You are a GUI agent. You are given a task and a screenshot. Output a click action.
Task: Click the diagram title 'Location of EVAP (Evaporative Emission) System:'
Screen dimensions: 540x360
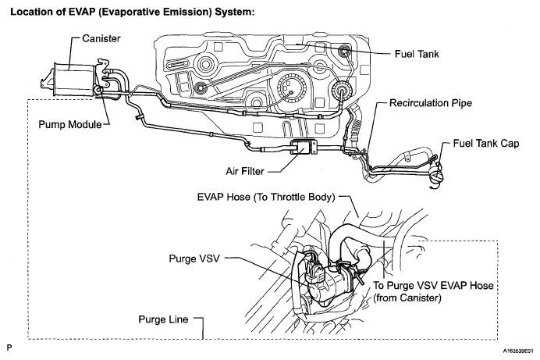tap(132, 12)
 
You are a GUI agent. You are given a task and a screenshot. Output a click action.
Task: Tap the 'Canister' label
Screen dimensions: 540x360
tap(101, 38)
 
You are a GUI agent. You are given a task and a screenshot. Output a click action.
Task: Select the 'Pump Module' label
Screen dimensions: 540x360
tap(70, 124)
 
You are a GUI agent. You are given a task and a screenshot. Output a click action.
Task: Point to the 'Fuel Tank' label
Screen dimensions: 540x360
tap(417, 54)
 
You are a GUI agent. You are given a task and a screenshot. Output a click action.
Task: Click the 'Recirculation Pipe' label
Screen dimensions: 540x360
tap(431, 103)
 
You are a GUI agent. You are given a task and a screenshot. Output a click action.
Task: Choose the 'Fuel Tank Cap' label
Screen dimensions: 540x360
tap(486, 144)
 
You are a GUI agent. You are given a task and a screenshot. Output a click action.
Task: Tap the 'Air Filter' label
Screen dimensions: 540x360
tap(245, 171)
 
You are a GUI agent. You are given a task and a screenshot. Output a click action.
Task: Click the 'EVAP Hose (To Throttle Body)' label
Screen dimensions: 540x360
tap(266, 197)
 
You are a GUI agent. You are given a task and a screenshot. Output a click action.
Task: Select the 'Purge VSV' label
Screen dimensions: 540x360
tap(194, 258)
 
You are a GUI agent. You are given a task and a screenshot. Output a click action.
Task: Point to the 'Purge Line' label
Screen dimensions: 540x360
tap(163, 319)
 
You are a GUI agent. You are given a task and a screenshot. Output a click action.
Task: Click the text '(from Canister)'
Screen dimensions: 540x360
tap(407, 298)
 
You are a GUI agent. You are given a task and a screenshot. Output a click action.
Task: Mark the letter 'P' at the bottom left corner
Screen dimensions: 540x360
tap(9, 348)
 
